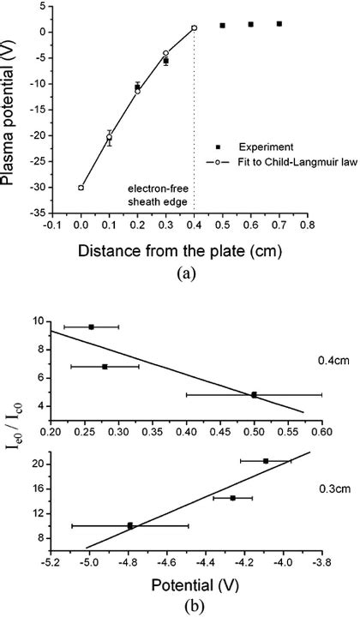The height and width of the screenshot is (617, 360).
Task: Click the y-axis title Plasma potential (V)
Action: click(16, 106)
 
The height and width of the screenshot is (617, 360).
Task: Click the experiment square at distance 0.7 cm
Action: click(279, 24)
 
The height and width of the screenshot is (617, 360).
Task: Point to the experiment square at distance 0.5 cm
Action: click(223, 26)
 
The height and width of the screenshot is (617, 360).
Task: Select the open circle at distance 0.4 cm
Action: click(195, 28)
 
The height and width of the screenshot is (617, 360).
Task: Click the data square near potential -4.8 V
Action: click(129, 525)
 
